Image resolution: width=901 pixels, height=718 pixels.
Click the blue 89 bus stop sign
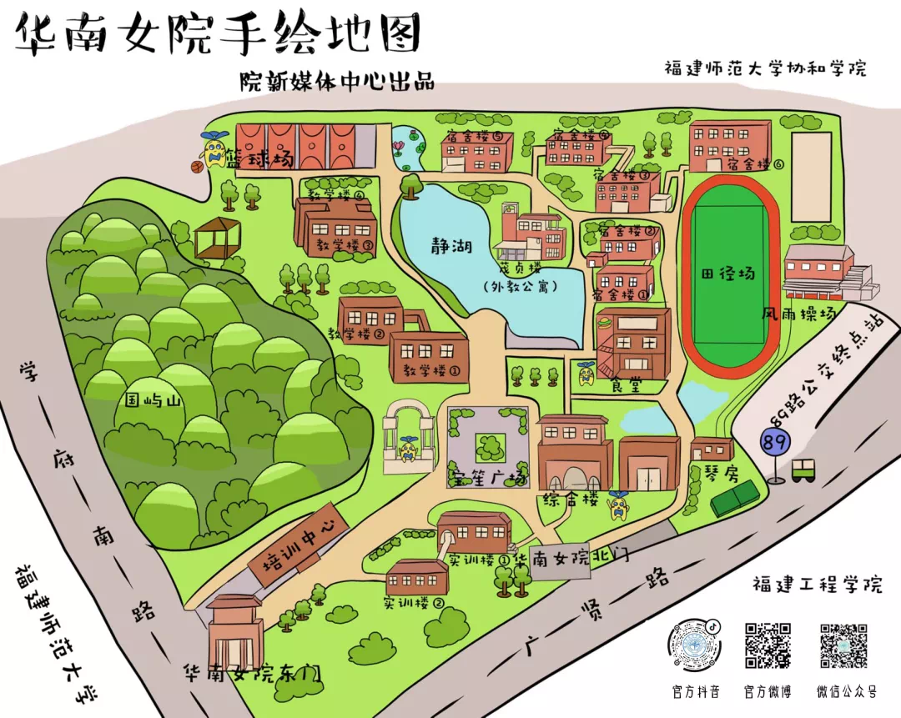(775, 443)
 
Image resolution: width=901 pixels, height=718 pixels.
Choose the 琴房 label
(708, 471)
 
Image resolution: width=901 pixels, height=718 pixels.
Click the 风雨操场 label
(798, 314)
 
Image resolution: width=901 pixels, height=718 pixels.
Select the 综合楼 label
(571, 500)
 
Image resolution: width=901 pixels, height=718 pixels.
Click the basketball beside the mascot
(198, 167)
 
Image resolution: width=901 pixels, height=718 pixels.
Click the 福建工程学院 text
(817, 583)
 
